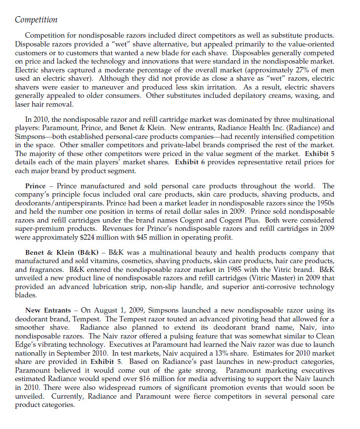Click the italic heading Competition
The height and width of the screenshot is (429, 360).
36,20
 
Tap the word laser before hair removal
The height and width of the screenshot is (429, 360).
23,104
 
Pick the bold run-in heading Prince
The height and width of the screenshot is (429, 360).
39,186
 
